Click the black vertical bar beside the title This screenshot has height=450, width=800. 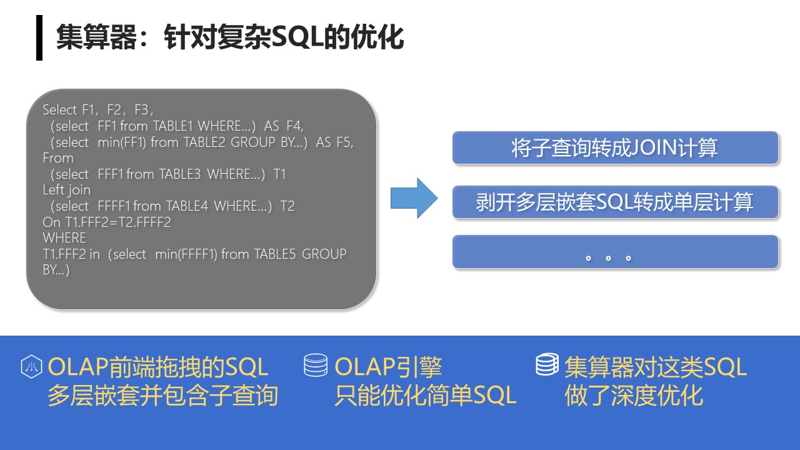coord(39,38)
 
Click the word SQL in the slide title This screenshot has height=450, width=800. coord(299,37)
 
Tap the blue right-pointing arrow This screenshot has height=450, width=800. coord(414,198)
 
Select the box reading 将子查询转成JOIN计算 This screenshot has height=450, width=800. coord(615,147)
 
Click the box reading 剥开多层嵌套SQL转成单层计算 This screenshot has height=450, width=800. coord(615,202)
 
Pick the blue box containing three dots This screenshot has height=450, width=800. coord(615,251)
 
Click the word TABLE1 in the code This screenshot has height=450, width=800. coord(173,126)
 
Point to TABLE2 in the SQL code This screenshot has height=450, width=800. coord(204,142)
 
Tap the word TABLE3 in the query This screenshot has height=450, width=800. coord(180,174)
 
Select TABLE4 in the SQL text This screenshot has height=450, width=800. coord(187,206)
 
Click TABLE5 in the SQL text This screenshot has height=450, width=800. coord(275,254)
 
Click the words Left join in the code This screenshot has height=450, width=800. coord(66,190)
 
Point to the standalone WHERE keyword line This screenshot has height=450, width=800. coord(64,238)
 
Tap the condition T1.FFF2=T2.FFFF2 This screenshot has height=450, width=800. coord(107,222)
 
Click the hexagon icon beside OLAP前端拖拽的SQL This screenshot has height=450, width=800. coord(31,366)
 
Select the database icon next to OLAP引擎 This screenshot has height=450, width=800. coord(316,365)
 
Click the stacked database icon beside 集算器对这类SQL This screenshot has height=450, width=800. coord(547,364)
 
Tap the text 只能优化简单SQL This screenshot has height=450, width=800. coord(426,396)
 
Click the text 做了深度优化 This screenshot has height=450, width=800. coord(634,396)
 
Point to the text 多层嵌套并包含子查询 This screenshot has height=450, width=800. coord(163,396)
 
